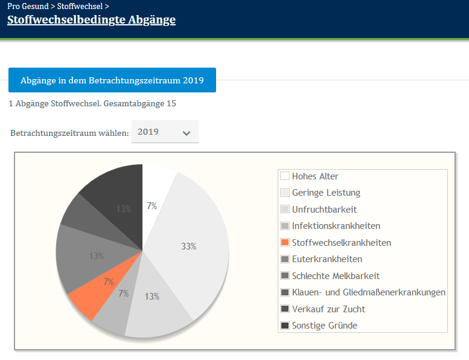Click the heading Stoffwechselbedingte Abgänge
tap(91, 19)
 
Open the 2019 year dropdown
tap(165, 132)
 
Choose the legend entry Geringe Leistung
tap(326, 193)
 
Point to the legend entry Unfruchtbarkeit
tap(324, 210)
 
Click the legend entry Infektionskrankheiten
tap(336, 226)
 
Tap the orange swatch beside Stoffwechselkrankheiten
tap(285, 243)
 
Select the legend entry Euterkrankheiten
tap(327, 259)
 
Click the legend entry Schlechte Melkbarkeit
tap(336, 275)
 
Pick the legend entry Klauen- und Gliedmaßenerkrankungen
tap(368, 292)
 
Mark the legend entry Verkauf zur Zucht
tap(328, 309)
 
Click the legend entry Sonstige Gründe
tap(325, 326)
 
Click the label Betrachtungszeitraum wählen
tap(69, 132)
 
